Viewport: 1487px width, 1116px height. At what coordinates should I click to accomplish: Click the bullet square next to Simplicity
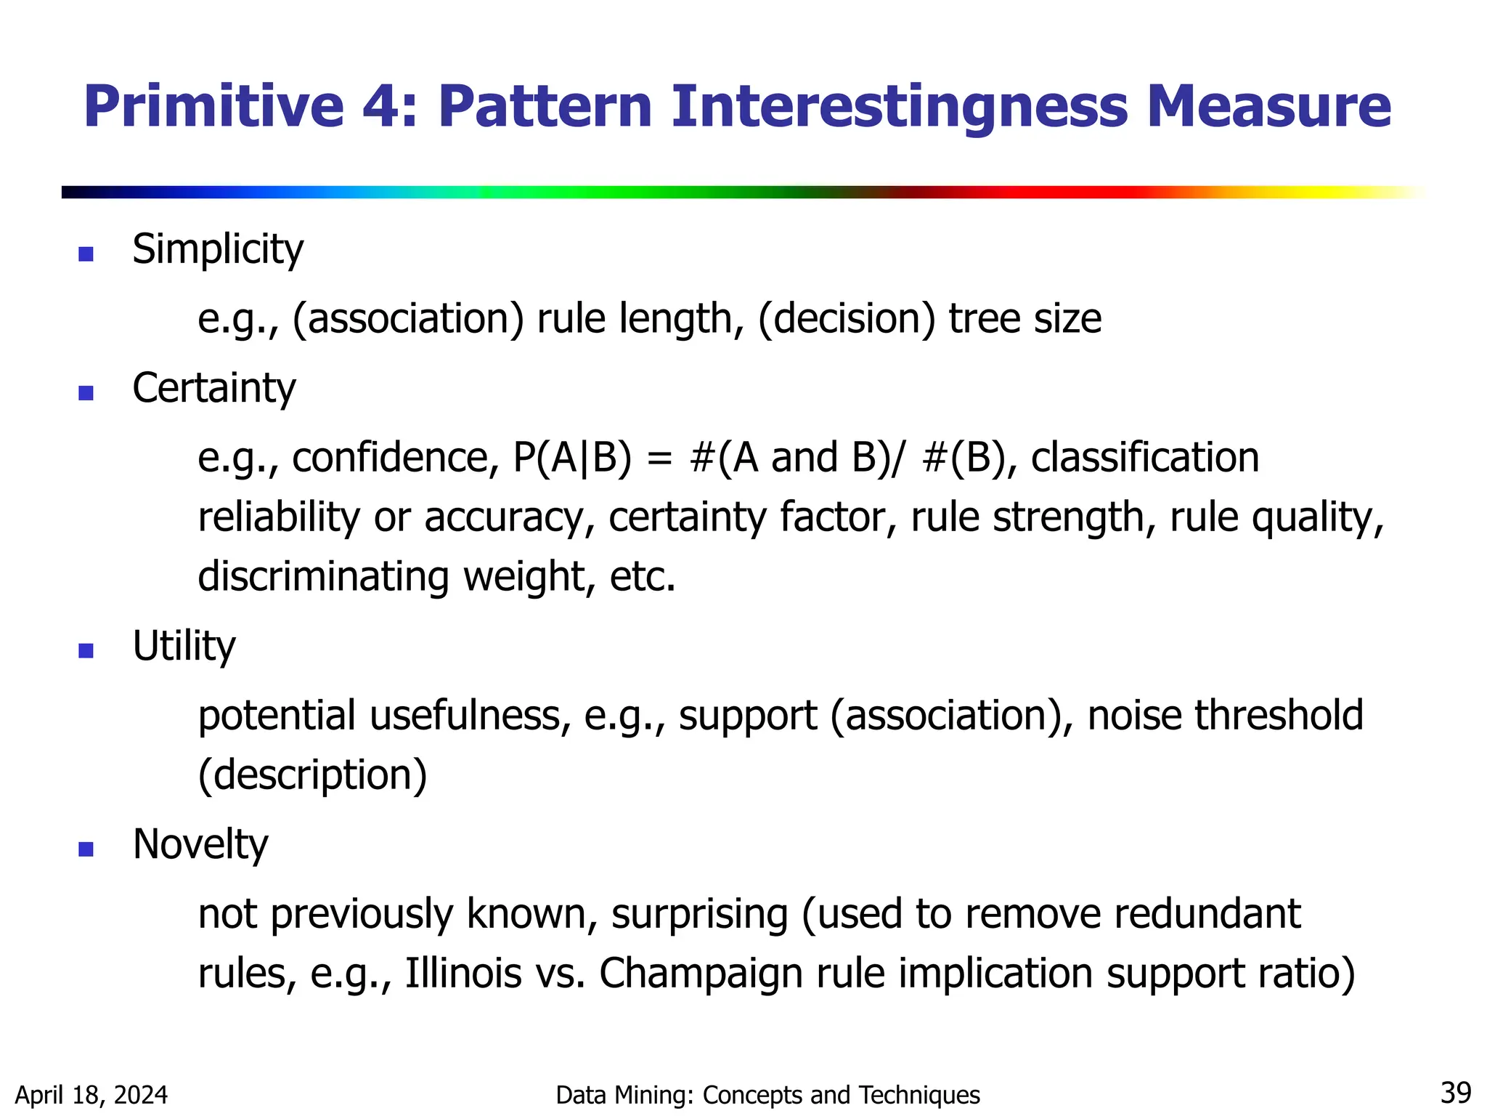point(86,254)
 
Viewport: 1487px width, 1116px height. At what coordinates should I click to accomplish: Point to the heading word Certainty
point(213,389)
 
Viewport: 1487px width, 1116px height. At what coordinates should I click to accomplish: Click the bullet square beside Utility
point(86,650)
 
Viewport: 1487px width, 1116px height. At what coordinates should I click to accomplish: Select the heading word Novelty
point(200,844)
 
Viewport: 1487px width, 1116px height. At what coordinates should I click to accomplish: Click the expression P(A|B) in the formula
point(572,458)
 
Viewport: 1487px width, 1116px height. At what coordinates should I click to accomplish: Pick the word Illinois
point(463,974)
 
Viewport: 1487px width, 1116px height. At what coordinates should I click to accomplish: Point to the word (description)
point(312,775)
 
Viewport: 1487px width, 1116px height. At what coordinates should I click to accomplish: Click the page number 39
point(1455,1093)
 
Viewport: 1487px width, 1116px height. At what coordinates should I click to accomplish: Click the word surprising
point(699,915)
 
